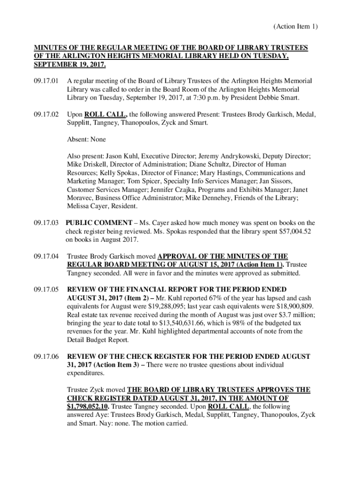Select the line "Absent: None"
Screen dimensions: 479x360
point(86,139)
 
